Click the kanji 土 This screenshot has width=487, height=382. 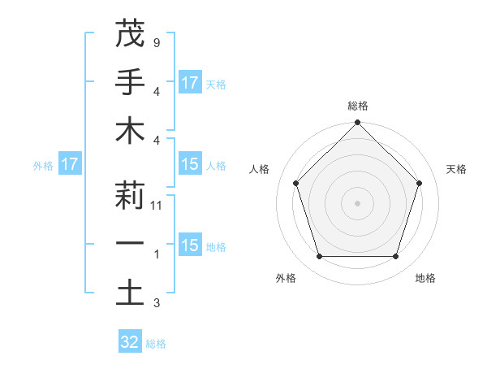pos(130,293)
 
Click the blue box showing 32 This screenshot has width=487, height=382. pos(130,342)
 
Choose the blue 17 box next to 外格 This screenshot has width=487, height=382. pos(70,165)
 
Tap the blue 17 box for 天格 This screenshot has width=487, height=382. pos(190,83)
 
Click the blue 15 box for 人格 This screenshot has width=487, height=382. pos(190,165)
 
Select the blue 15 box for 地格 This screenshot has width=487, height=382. pos(190,245)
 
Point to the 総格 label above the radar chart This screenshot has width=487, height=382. pos(358,106)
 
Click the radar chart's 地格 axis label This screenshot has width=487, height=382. pos(425,279)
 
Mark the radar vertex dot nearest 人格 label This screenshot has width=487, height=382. pos(295,183)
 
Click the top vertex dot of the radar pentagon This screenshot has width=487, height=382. pos(358,124)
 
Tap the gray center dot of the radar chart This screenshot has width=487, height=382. pos(358,203)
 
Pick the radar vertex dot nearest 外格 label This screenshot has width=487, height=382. pos(319,257)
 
